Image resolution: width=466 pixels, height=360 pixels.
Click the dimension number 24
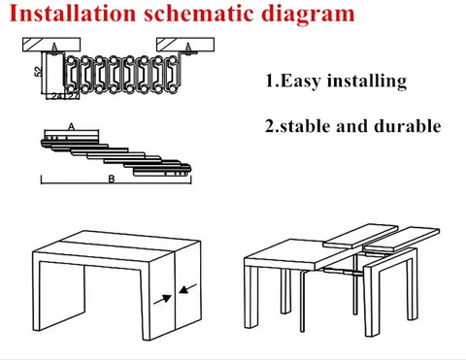(x=56, y=96)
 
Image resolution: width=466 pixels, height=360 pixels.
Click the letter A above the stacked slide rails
(x=72, y=127)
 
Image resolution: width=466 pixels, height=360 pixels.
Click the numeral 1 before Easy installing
(x=271, y=81)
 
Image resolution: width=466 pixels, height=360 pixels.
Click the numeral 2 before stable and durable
(x=271, y=126)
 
